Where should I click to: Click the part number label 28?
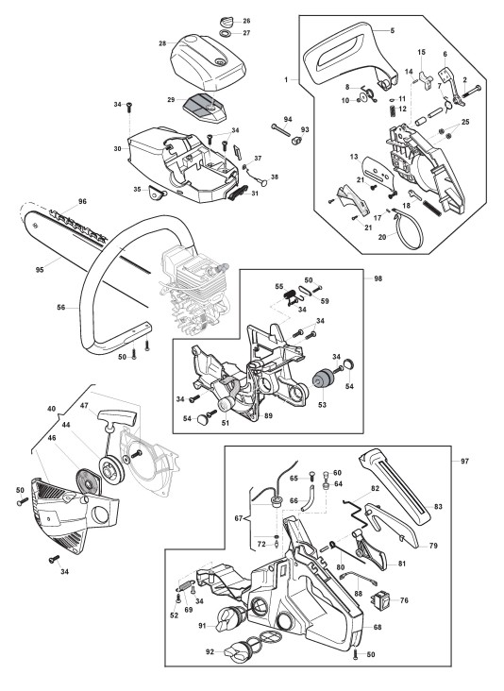coord(162,43)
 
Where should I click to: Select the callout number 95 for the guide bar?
coord(40,270)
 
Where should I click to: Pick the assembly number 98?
coord(378,278)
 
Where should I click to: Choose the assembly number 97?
coord(464,461)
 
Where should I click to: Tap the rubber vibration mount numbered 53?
coord(323,379)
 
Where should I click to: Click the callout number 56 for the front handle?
coord(61,307)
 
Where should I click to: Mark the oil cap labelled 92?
coord(239,652)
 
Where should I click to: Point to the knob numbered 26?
coord(226,22)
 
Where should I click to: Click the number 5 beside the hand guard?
coord(392,30)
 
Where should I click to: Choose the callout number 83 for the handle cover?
coord(438,506)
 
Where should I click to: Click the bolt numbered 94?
coord(280,129)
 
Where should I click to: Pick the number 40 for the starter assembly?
coord(52,409)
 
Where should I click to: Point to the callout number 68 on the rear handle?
coord(378,627)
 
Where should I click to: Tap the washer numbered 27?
coord(226,33)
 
